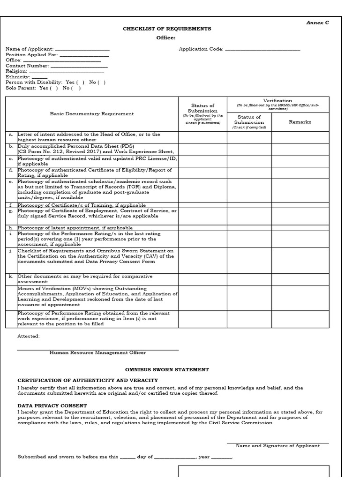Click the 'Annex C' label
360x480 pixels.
[317, 22]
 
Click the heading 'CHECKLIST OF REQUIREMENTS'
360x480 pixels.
[167, 29]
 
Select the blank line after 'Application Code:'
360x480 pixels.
[262, 49]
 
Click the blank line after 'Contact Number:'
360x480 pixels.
[79, 66]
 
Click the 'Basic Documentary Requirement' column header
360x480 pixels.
[92, 113]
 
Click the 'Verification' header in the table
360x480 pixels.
[277, 100]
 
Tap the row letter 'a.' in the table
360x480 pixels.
[11, 135]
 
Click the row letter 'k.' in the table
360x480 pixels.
[11, 277]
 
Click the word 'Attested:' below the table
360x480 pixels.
[29, 336]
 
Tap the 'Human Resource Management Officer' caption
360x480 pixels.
[97, 353]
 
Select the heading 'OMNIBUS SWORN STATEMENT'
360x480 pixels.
[167, 370]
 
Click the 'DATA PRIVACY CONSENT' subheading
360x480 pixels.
[52, 405]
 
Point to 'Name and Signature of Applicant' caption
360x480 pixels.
[277, 446]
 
